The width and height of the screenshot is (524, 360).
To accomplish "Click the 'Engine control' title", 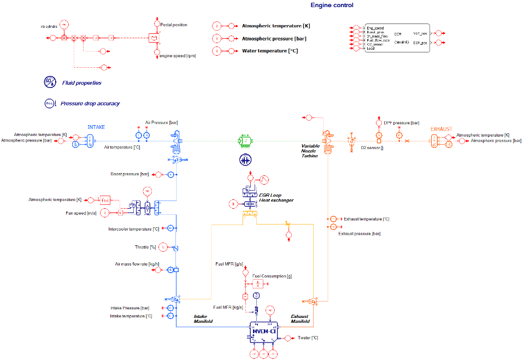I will [x=332, y=5].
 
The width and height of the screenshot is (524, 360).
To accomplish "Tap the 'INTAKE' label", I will [x=96, y=127].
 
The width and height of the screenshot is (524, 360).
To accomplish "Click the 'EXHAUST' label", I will [x=441, y=129].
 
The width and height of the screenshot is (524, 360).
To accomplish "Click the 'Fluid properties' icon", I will [x=50, y=82].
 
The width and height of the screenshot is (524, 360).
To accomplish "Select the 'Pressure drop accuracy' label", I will [x=90, y=103].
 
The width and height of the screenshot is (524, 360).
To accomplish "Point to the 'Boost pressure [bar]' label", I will [x=129, y=174].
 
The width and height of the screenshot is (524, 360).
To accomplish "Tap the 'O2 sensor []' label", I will [x=372, y=147].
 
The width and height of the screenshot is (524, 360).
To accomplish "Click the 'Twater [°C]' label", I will [x=308, y=338].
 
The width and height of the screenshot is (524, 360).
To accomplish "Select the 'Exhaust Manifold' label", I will [x=299, y=318].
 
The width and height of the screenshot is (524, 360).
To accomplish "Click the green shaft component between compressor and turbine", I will [x=245, y=141].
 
